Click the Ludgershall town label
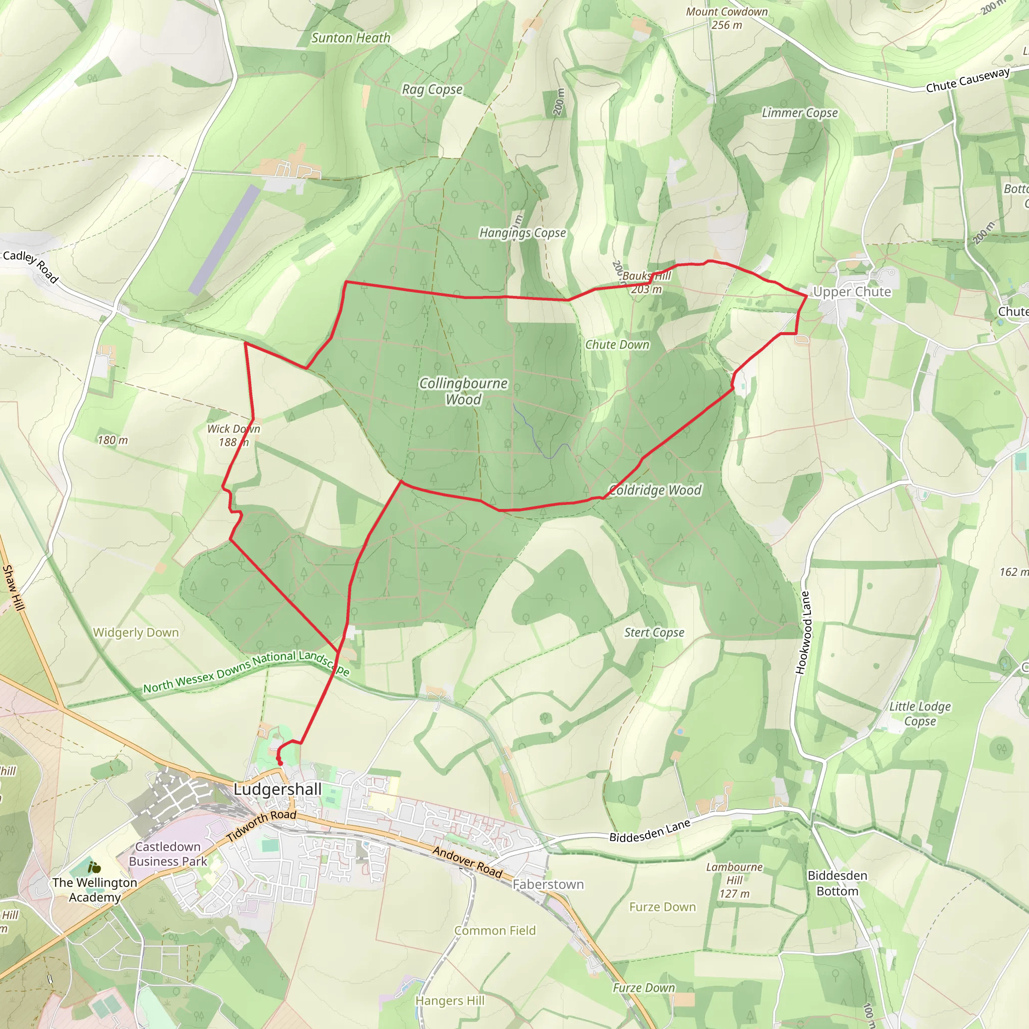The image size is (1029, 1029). tap(277, 789)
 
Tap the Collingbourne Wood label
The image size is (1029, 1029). tap(463, 391)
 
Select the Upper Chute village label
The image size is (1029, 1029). tap(852, 292)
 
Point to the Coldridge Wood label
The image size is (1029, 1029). tap(655, 490)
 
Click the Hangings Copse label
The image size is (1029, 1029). tap(523, 233)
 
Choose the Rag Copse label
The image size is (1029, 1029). tap(432, 89)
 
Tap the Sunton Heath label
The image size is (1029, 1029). tap(351, 38)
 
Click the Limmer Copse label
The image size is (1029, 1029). tap(799, 113)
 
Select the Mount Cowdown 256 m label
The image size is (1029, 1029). tap(727, 18)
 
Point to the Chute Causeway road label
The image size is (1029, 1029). tap(968, 80)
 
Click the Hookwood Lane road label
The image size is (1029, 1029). tap(805, 633)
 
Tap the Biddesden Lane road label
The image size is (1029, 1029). tap(650, 831)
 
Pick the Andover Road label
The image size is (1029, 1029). tap(467, 862)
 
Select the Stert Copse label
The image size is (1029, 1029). tap(654, 633)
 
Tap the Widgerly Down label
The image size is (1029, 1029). tap(136, 633)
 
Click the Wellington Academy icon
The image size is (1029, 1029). tap(94, 868)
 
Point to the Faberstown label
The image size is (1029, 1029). tap(548, 885)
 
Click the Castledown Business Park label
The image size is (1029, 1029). tap(168, 854)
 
